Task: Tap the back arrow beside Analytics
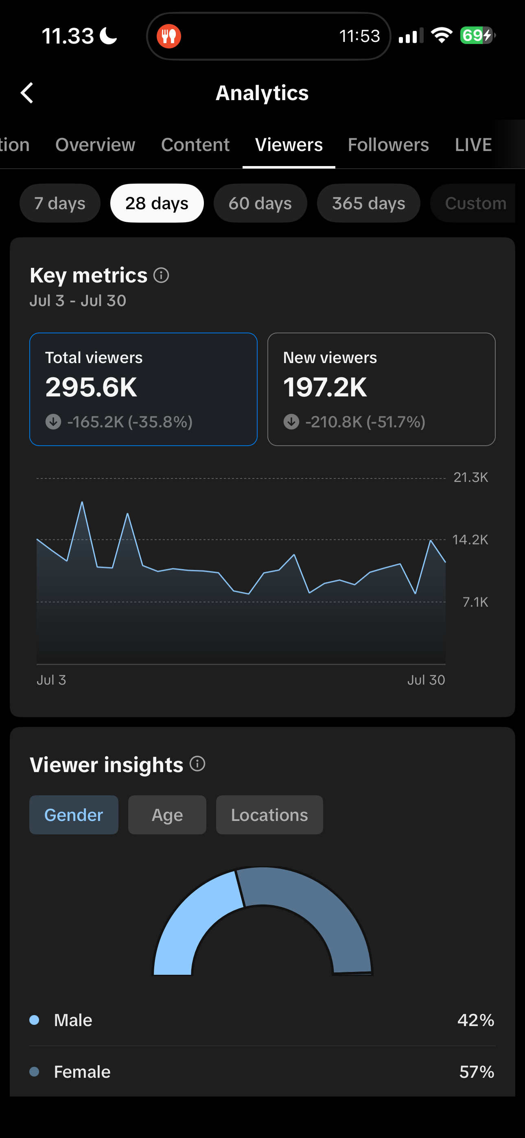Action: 27,93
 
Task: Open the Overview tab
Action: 95,145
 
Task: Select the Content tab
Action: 195,145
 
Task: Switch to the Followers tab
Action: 388,145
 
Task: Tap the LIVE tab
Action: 473,145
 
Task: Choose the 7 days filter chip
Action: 60,203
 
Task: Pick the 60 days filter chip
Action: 260,203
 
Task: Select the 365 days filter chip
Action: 369,203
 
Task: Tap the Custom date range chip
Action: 475,203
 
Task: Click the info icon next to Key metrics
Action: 161,275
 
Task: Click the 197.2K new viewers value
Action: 325,387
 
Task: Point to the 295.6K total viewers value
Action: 92,387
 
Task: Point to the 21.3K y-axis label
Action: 470,477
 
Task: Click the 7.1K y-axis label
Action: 475,602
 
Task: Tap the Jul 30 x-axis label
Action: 426,680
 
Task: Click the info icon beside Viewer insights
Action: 197,764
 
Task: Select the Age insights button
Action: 167,815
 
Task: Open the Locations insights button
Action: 269,815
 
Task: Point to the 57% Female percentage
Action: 477,1072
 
